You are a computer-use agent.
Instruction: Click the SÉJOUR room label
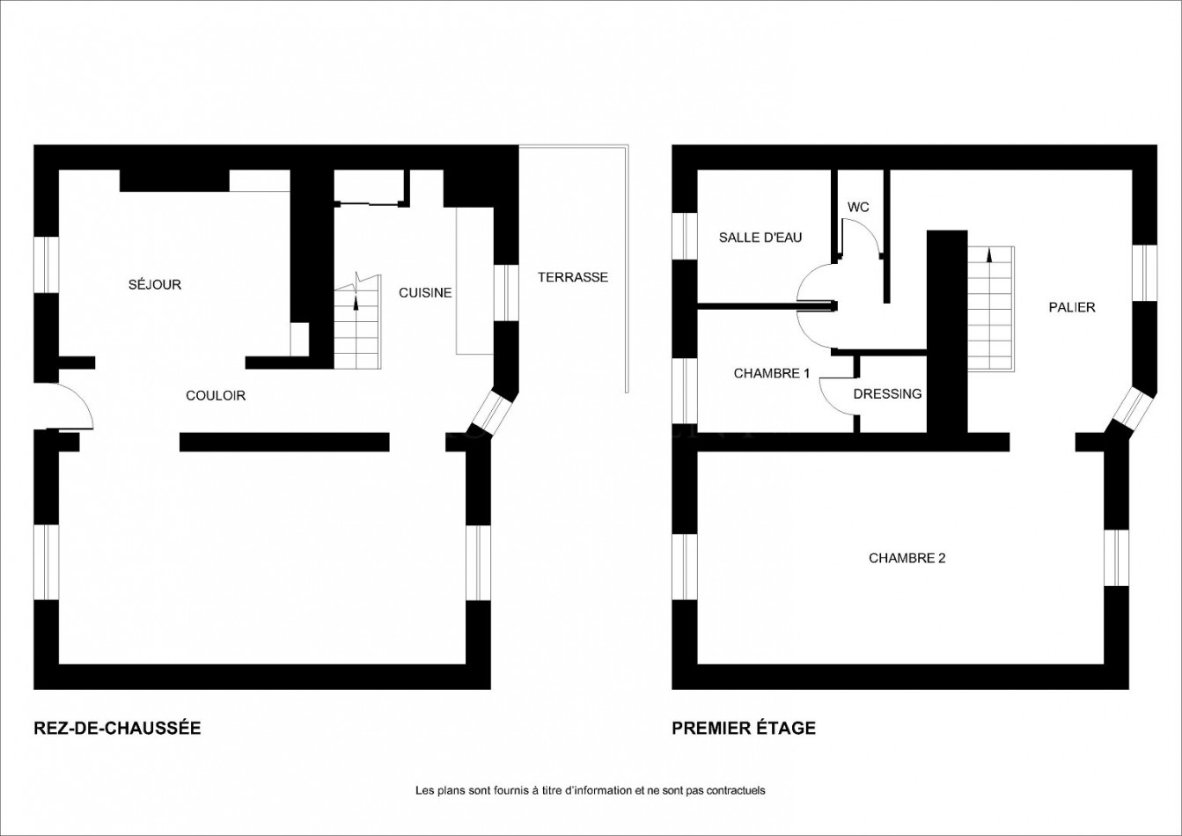(155, 284)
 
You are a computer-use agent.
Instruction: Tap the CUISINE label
(425, 292)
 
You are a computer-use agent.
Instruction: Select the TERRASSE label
(573, 277)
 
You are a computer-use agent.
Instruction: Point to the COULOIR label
(216, 396)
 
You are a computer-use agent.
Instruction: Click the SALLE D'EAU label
(760, 238)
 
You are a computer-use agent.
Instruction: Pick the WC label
(858, 207)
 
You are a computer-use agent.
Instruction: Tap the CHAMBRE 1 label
(772, 373)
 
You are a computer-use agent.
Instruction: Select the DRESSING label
(887, 394)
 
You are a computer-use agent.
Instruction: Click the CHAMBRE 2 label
(907, 558)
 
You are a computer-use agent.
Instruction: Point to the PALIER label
(1072, 307)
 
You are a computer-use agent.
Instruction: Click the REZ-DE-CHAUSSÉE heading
(117, 728)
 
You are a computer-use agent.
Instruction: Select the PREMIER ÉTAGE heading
(744, 728)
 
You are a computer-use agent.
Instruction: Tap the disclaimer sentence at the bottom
(590, 790)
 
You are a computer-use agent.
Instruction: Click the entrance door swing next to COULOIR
(72, 406)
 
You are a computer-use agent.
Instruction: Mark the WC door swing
(861, 238)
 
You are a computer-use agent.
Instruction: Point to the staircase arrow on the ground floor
(356, 302)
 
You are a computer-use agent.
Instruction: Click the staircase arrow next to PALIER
(990, 256)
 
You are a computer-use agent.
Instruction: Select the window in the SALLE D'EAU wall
(685, 237)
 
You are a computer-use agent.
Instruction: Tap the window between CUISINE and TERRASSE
(506, 293)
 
